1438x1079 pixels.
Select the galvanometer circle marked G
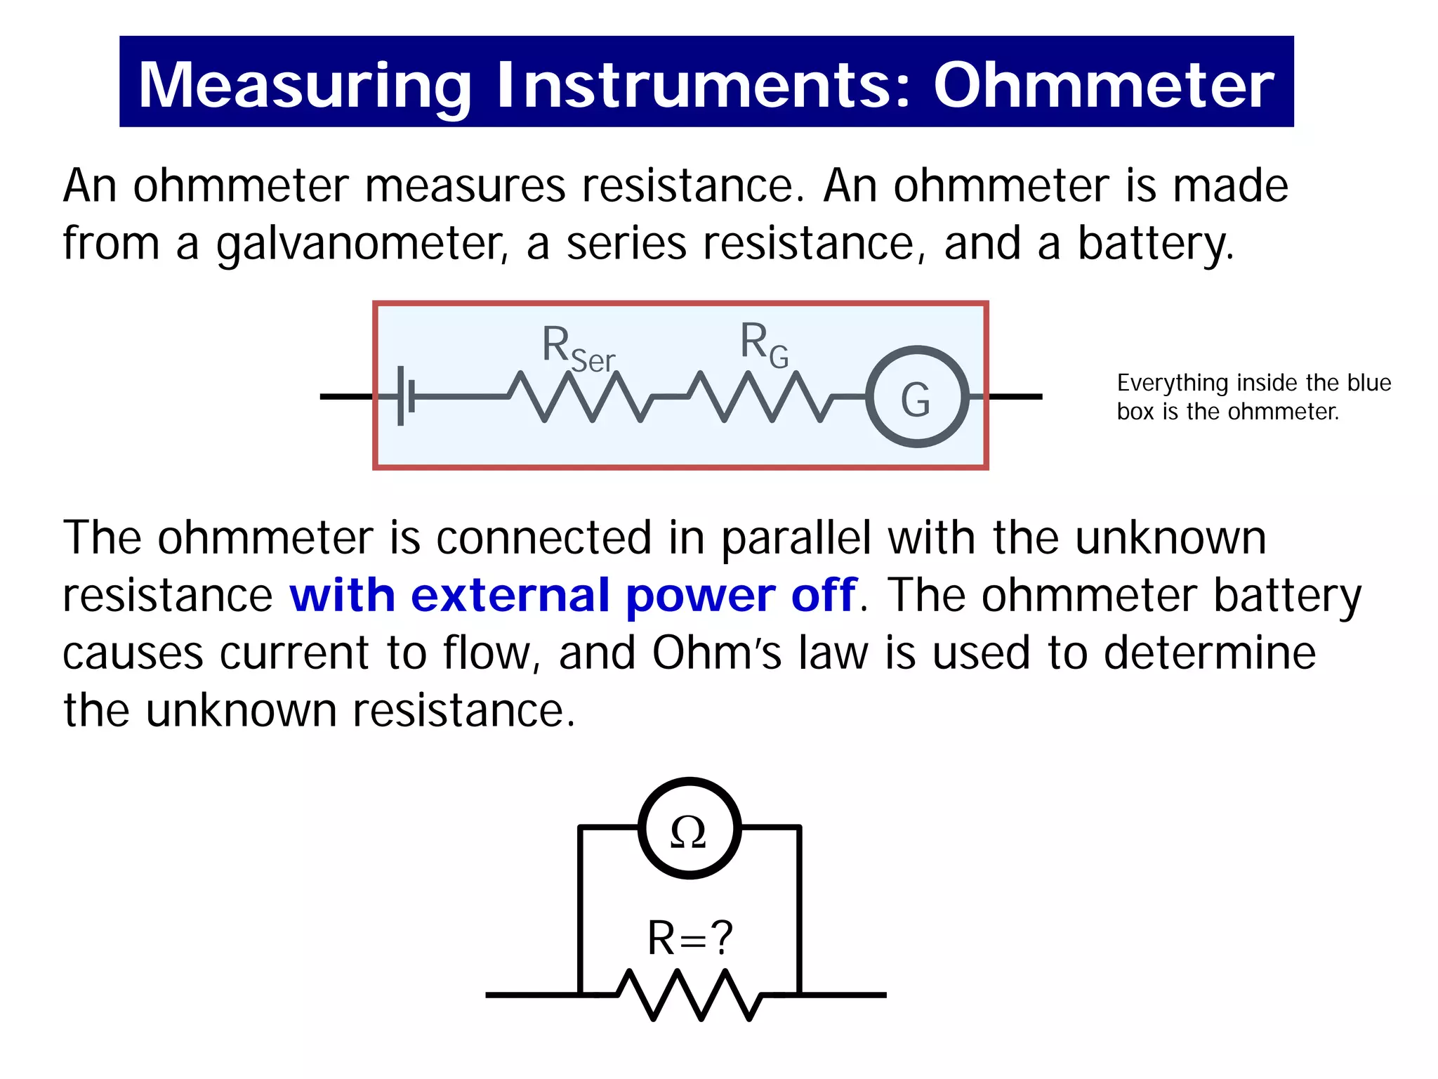(917, 397)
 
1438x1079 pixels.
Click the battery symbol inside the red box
(405, 396)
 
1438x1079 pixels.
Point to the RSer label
(577, 349)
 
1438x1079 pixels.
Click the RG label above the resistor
(764, 344)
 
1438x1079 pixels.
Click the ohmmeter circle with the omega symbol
(690, 828)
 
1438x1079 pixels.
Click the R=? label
(690, 939)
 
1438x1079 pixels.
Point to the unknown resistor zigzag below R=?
(690, 995)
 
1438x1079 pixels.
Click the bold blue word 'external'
(510, 595)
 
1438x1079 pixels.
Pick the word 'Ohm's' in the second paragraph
(716, 653)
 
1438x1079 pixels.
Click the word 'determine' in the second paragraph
(1209, 653)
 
